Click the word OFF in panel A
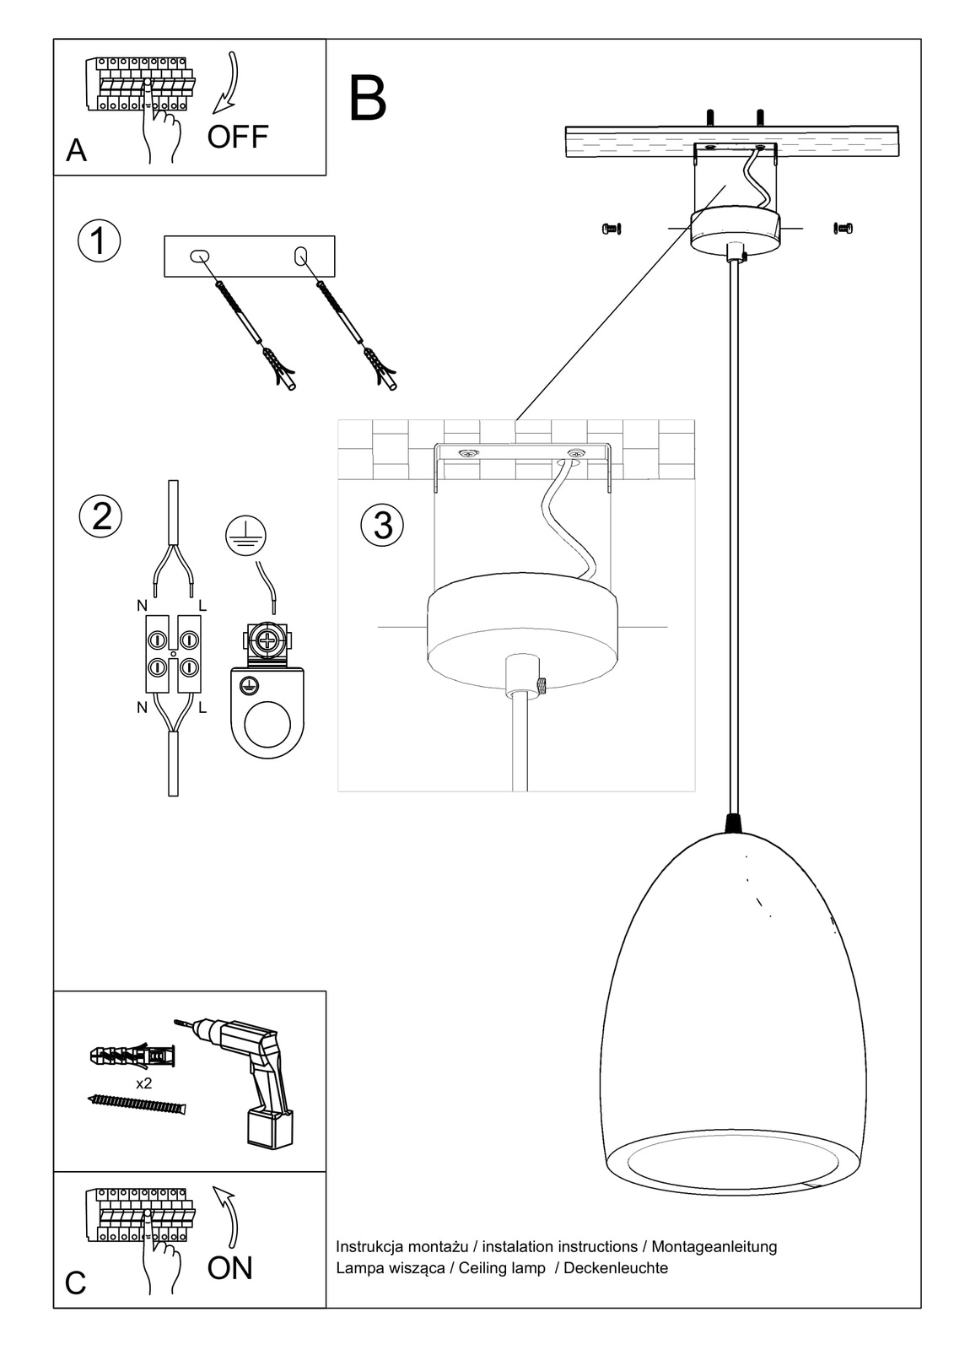click(238, 137)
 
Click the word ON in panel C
click(230, 1268)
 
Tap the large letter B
click(367, 99)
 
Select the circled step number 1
click(99, 240)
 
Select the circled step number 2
click(101, 516)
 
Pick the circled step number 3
click(382, 525)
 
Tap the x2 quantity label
click(143, 1083)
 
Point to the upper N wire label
click(142, 606)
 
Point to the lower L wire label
click(202, 709)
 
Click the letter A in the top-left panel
click(76, 150)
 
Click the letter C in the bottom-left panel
click(76, 1283)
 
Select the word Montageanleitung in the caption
click(714, 1247)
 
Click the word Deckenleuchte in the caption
click(616, 1268)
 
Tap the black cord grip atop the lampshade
click(733, 823)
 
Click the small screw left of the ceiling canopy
click(612, 228)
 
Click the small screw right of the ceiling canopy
click(843, 228)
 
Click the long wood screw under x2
click(137, 1104)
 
